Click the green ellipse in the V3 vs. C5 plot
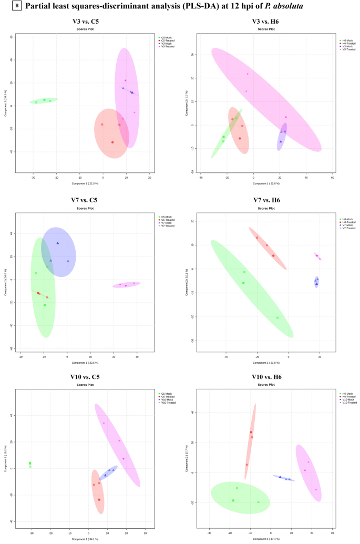point(44,100)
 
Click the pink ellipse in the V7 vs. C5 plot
point(126,284)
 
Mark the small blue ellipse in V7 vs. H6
point(316,282)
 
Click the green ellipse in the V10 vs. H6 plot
point(240,498)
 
